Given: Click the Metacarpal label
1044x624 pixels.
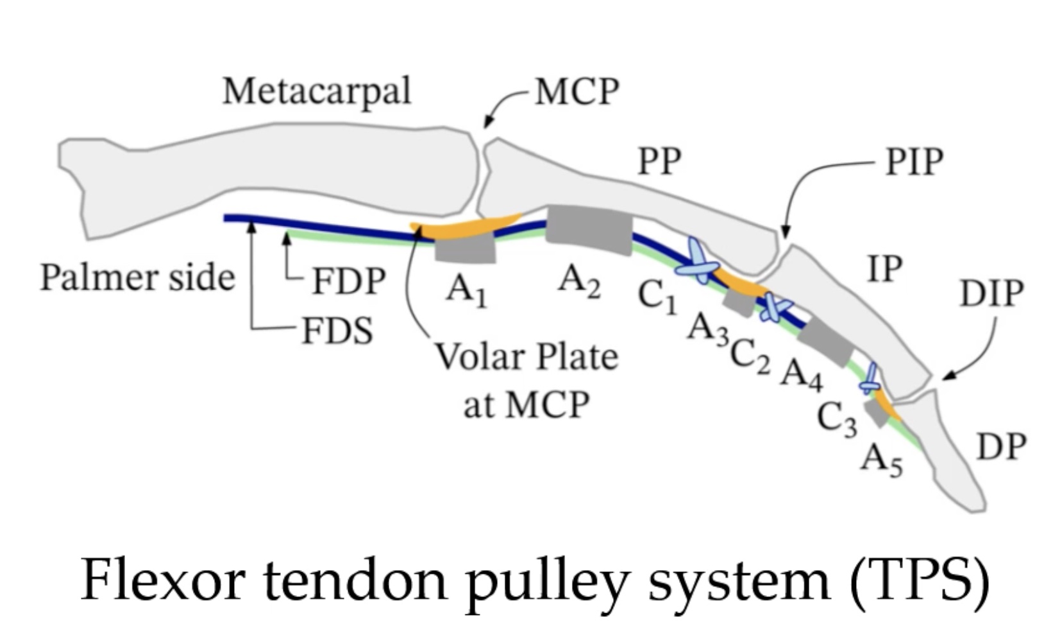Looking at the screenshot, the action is pos(317,92).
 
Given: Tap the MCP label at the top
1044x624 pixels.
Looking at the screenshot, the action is pos(577,92).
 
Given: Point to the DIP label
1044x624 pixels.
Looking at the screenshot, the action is pos(992,293).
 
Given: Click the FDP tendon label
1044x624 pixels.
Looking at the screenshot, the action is pos(349,281).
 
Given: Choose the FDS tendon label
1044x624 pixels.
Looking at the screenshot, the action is pos(338,331).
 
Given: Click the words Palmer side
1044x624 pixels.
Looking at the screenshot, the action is pos(138,277).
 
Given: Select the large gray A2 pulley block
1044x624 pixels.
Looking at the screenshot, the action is pos(589,230).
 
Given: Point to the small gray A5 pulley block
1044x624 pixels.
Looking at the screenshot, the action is pos(877,413).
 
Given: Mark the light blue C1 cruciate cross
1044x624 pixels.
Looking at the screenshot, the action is pos(698,262).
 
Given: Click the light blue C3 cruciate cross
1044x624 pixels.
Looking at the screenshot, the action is pos(870,379).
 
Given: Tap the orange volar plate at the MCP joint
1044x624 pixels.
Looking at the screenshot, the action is pos(466,227).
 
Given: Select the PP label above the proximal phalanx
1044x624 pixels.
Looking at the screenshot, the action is pos(659,161).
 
